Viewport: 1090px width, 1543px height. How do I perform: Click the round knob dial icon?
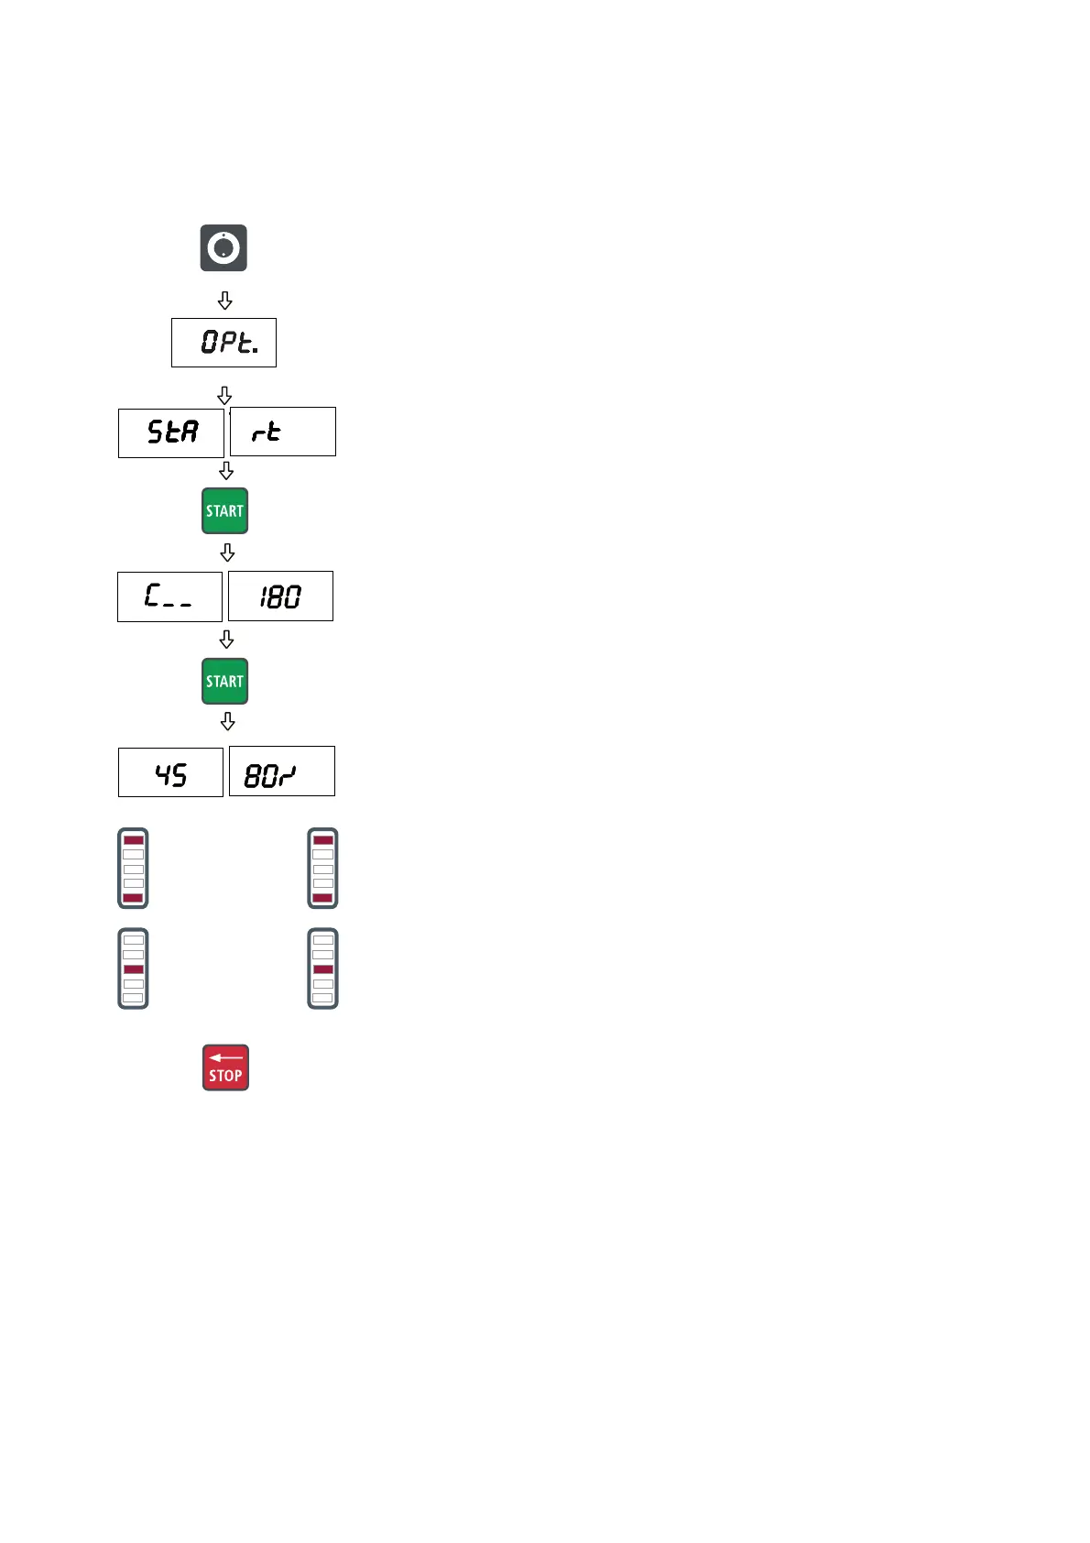tap(223, 247)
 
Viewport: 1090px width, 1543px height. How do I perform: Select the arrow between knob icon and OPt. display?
tap(224, 301)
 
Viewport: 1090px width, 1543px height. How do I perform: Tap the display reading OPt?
tap(223, 343)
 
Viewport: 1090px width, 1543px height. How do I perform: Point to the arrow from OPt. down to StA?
tap(224, 395)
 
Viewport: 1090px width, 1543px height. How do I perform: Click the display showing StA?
tap(171, 432)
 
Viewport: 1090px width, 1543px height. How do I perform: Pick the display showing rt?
tap(282, 432)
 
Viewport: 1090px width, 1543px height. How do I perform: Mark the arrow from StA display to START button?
tap(226, 470)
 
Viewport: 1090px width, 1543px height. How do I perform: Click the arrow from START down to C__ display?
tap(227, 553)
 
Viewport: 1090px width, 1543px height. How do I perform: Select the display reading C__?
tap(169, 596)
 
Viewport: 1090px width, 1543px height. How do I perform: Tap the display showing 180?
tap(280, 596)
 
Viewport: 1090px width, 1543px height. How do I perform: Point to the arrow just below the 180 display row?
tap(226, 639)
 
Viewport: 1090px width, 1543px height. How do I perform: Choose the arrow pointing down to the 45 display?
tap(227, 722)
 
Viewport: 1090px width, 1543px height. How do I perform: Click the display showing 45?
tap(170, 772)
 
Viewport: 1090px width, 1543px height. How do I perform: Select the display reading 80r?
tap(281, 771)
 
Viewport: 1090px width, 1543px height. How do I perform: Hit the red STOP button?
tap(225, 1067)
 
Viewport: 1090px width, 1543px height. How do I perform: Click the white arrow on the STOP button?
tap(225, 1057)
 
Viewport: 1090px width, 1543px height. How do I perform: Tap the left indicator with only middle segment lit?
tap(133, 968)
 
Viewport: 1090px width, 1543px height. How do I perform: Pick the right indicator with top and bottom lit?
tap(322, 868)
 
